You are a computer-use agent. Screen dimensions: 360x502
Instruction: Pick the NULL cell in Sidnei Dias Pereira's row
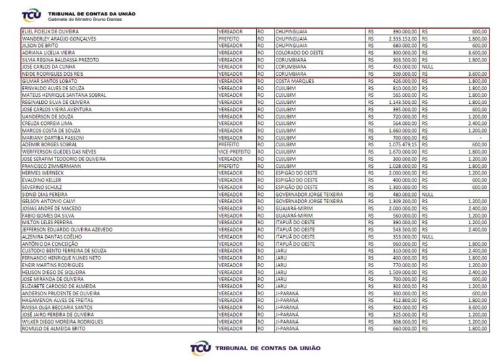point(429,194)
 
